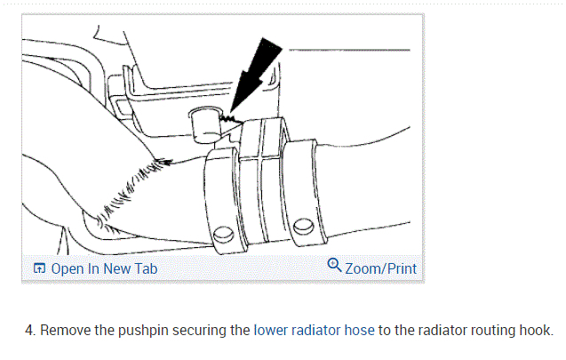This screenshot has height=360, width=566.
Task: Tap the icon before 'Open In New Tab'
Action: pyautogui.click(x=39, y=268)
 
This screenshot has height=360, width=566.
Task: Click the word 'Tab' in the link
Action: pyautogui.click(x=144, y=268)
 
